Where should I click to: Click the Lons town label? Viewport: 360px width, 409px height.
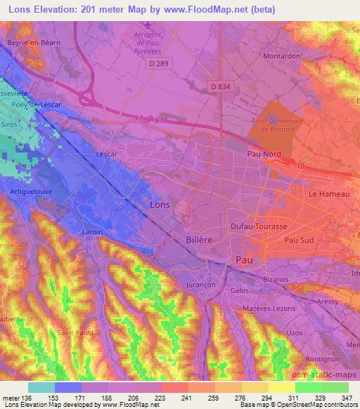click(x=160, y=204)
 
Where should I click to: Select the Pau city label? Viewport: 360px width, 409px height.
click(x=244, y=259)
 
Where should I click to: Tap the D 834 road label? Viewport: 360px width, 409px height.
click(x=221, y=86)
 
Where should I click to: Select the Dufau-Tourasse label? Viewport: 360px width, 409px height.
click(x=259, y=227)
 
